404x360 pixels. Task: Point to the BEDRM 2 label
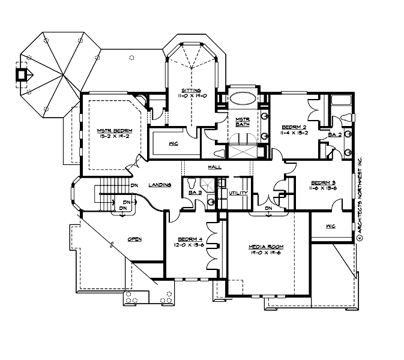pos(294,127)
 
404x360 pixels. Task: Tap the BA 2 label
pos(334,136)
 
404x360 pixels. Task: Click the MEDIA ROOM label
pos(266,247)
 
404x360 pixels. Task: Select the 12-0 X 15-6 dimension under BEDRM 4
pos(188,245)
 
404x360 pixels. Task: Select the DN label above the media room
pos(268,208)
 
